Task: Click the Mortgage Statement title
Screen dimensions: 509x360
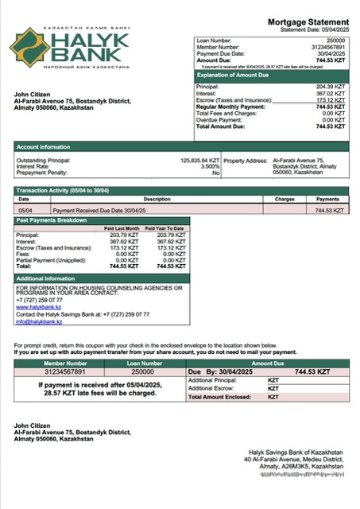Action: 308,21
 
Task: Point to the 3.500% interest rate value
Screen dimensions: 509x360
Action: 209,166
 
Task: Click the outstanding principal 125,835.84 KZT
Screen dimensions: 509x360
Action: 200,160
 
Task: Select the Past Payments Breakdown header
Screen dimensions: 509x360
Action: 52,219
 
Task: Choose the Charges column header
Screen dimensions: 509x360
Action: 285,199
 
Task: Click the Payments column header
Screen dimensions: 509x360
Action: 327,199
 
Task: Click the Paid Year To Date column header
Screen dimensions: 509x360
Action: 165,228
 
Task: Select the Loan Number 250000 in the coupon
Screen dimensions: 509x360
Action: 142,371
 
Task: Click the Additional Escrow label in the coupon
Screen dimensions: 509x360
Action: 211,387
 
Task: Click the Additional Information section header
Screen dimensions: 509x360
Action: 46,278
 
